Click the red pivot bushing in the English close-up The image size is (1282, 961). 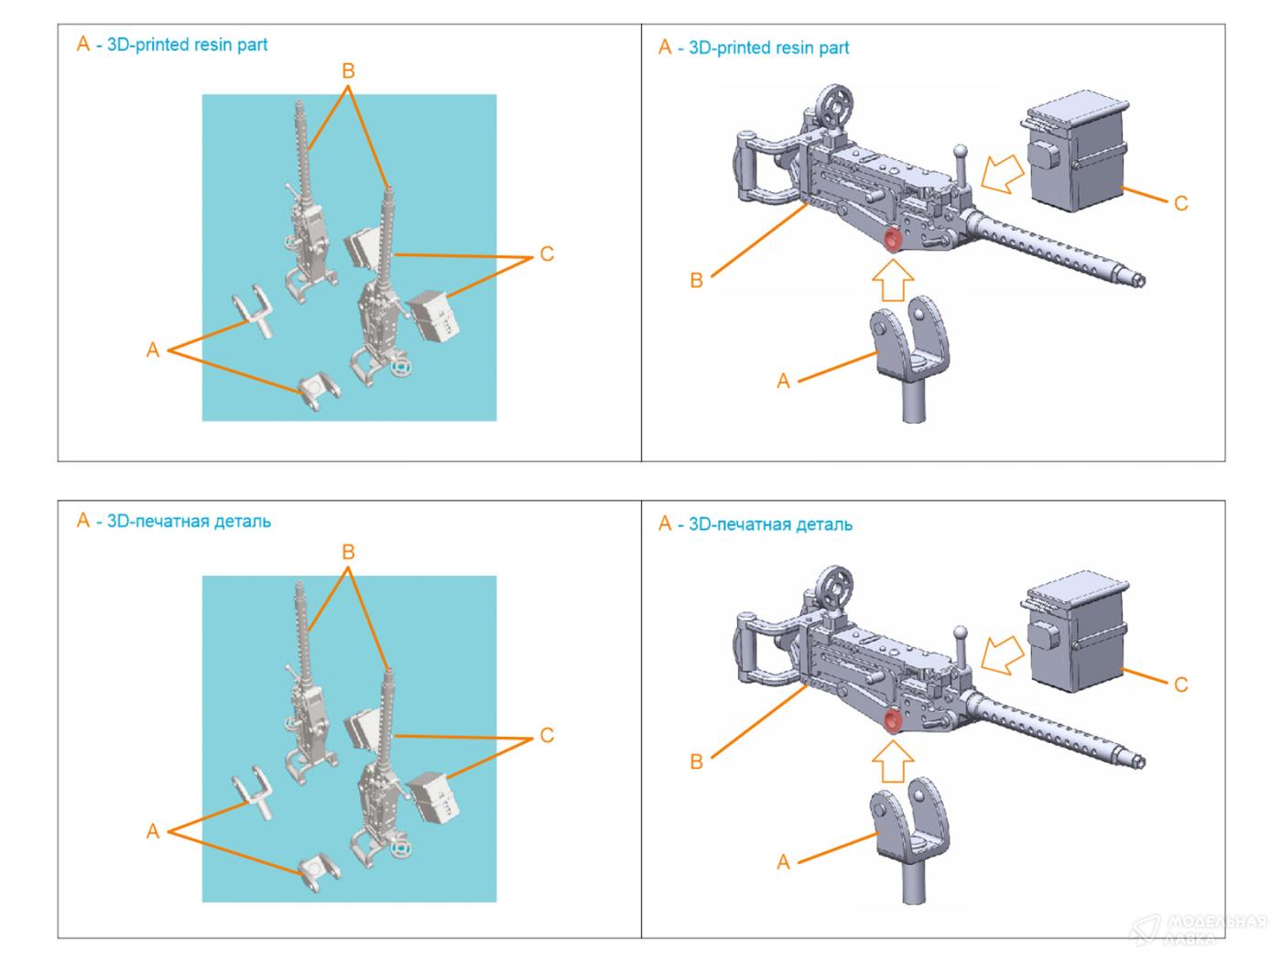tap(892, 242)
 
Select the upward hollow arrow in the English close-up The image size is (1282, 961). tap(892, 280)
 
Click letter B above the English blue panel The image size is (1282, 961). tap(348, 71)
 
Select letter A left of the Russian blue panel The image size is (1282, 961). tap(153, 831)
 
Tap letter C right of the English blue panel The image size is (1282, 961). tap(547, 254)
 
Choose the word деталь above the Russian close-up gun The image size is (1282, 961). tap(822, 525)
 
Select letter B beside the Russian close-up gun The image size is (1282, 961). tap(696, 761)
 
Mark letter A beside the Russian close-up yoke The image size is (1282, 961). tap(783, 862)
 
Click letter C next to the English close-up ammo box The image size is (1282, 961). tap(1180, 203)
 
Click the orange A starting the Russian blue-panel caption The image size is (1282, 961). tap(83, 521)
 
